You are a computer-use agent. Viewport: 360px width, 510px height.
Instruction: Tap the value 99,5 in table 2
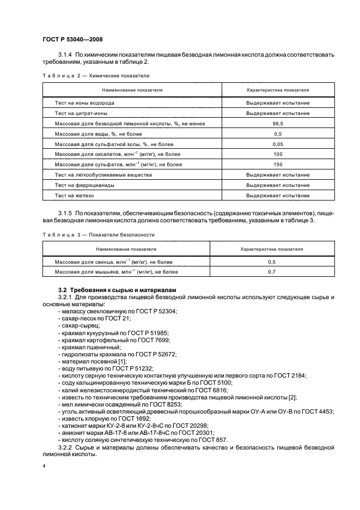pos(278,124)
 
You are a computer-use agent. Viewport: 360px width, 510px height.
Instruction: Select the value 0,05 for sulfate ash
pos(278,144)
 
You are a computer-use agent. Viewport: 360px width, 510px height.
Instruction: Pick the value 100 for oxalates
pos(278,154)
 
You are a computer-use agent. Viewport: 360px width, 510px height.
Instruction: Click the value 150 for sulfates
pos(278,164)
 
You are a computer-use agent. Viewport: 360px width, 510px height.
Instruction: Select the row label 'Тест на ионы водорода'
pos(84,103)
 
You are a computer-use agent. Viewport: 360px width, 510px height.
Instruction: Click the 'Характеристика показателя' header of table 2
pos(278,89)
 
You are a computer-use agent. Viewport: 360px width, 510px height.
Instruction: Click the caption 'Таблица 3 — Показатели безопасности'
pos(98,234)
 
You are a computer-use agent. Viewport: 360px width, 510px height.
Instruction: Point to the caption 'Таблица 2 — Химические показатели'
pos(95,76)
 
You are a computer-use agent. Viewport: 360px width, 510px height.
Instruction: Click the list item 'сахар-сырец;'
pos(76,325)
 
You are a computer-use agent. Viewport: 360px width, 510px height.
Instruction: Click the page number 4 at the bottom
pos(44,466)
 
